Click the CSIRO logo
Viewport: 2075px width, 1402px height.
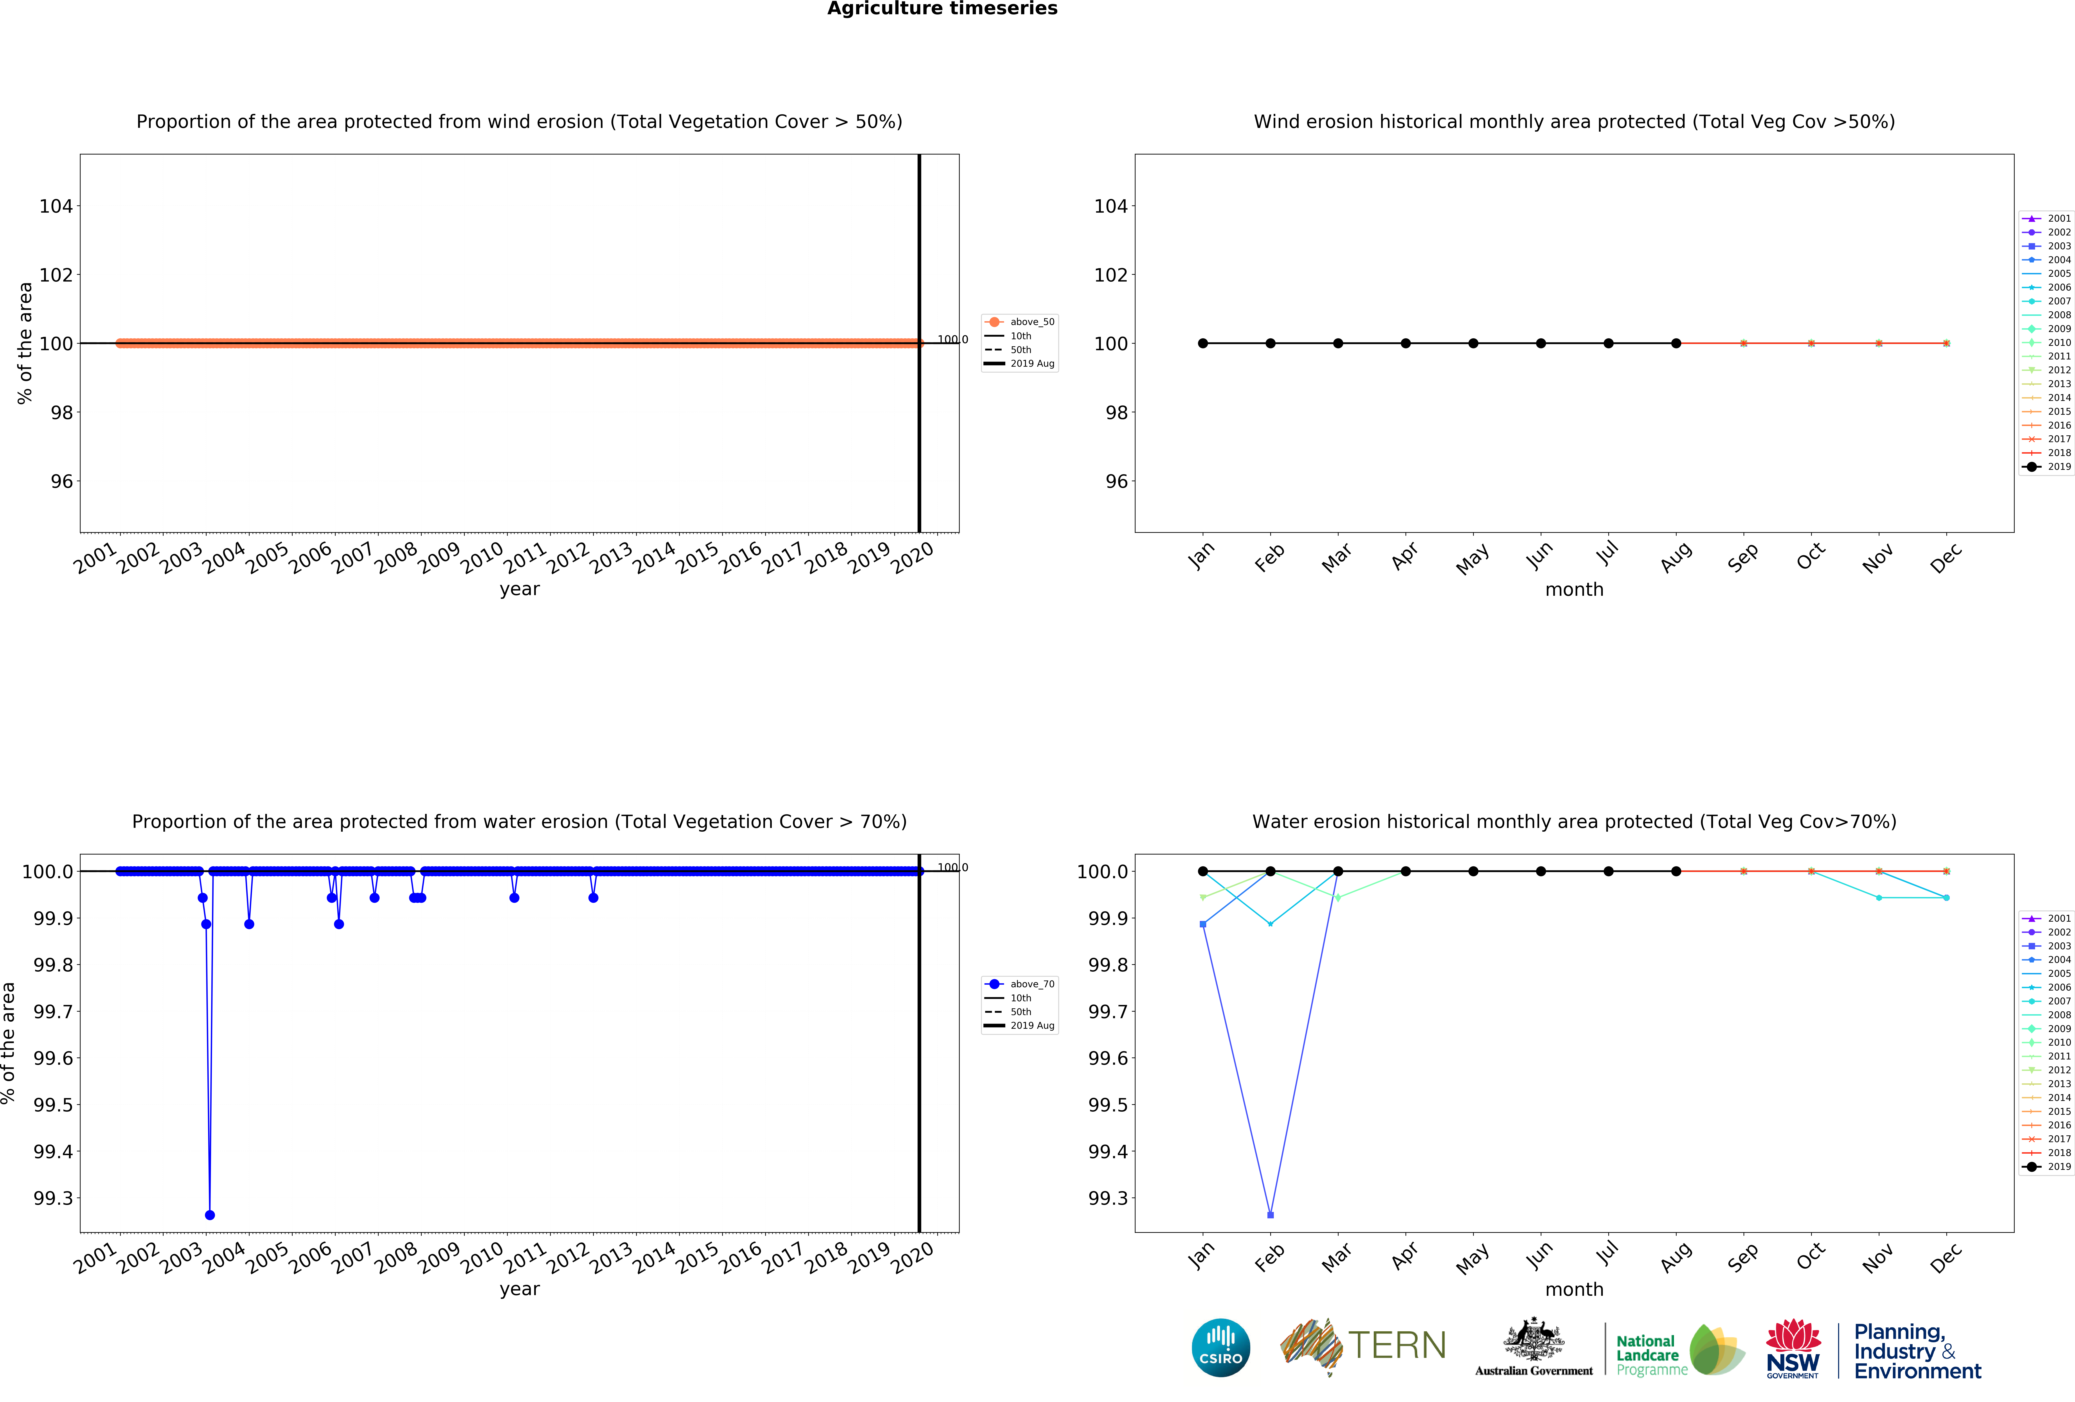point(1220,1348)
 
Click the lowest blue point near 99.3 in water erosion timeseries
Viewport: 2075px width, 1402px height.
point(210,1215)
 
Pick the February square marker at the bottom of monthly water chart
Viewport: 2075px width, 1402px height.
point(1271,1215)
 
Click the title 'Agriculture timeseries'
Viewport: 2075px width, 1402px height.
point(942,9)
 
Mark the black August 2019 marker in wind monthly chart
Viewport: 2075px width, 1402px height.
point(1676,344)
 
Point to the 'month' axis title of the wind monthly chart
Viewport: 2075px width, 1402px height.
point(1574,590)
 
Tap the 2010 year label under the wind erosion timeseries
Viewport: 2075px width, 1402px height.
point(482,558)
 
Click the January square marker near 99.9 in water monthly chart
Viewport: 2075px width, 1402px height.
point(1203,924)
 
